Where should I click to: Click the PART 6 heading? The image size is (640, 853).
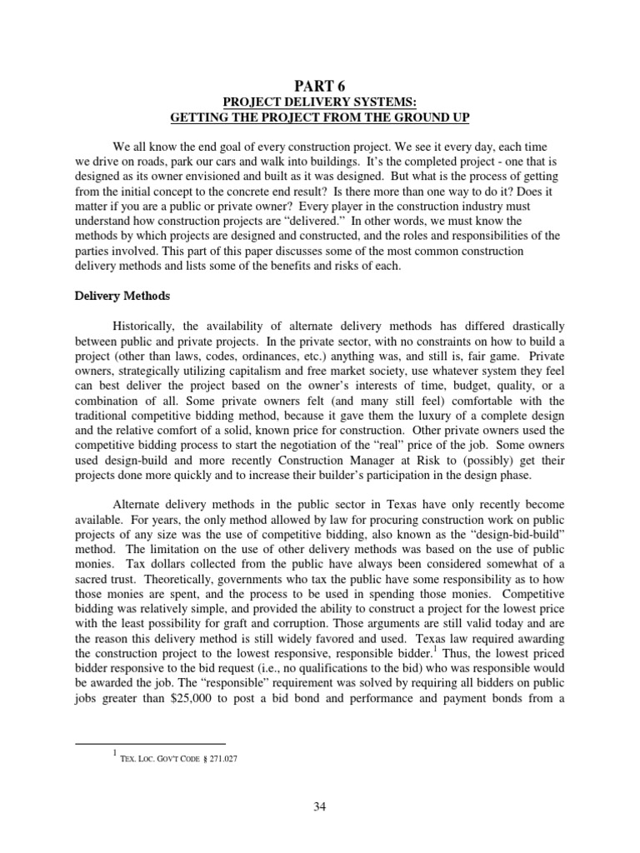tap(320, 86)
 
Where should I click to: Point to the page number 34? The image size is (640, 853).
tap(320, 805)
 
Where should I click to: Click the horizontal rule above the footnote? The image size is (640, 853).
tap(150, 743)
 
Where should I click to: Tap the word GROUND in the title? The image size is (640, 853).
tap(417, 118)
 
